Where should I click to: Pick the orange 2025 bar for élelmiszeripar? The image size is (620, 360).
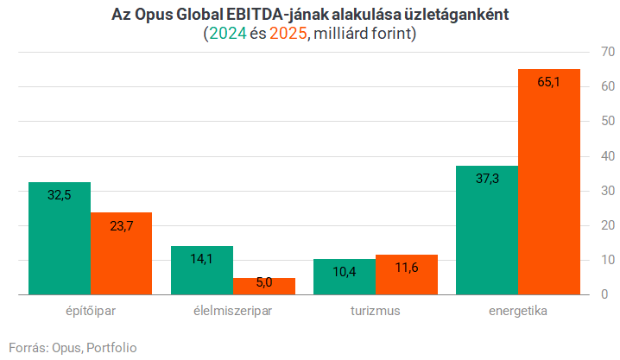264,287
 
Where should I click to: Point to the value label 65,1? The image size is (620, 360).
549,83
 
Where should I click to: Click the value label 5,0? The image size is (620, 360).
264,281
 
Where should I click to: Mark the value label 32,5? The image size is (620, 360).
60,195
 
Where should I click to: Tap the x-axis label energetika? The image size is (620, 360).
518,311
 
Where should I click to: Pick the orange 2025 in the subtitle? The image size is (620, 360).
288,35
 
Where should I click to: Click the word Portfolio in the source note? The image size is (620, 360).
111,347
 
